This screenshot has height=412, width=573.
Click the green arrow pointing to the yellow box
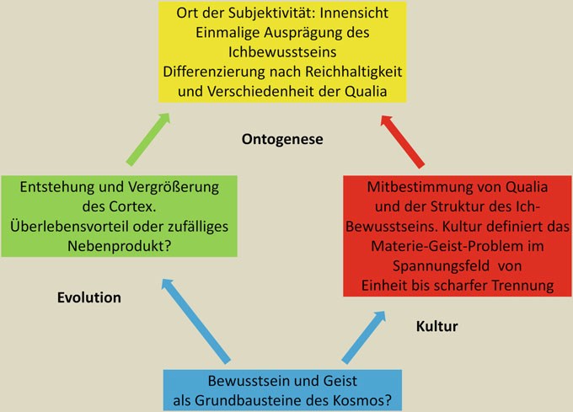coord(148,139)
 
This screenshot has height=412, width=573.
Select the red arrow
coord(402,142)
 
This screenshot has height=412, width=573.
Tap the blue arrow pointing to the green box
coord(196,321)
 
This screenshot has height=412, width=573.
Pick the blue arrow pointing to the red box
coord(364,337)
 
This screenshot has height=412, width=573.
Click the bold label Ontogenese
coord(282,139)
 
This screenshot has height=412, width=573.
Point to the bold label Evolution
coord(89,297)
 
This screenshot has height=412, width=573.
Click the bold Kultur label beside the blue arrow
coord(436,326)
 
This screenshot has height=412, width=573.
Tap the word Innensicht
coord(354,13)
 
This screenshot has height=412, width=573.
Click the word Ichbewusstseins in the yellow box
coord(282,52)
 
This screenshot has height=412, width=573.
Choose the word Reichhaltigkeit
coord(354,72)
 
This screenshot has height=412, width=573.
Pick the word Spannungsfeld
coord(441,266)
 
